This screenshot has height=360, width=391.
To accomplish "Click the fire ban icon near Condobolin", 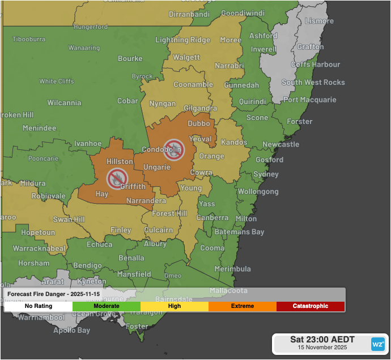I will pyautogui.click(x=173, y=149).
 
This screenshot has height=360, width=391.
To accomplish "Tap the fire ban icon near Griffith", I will pyautogui.click(x=117, y=178).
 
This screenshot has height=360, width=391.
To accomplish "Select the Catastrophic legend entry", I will pyautogui.click(x=310, y=306).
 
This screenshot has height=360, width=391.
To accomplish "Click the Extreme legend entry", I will pyautogui.click(x=242, y=306).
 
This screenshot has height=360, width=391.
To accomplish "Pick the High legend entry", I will pyautogui.click(x=175, y=306).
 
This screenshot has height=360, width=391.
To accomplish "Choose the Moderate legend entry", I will pyautogui.click(x=106, y=306).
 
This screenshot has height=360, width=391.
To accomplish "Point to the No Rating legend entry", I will pyautogui.click(x=39, y=306).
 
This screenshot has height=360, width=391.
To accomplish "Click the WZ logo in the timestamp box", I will pyautogui.click(x=377, y=344).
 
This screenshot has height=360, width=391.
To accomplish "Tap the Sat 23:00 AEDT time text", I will pyautogui.click(x=322, y=340).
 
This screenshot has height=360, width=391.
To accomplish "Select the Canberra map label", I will pyautogui.click(x=212, y=218).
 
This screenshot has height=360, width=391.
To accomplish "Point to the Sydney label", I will pyautogui.click(x=266, y=174).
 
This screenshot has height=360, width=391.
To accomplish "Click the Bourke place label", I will pyautogui.click(x=130, y=58).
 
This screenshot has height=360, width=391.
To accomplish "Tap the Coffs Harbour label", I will pyautogui.click(x=315, y=65).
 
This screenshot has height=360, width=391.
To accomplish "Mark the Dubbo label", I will pyautogui.click(x=198, y=123).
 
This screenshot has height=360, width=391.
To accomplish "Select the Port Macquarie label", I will pyautogui.click(x=309, y=100).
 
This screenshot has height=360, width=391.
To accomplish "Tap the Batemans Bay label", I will pyautogui.click(x=239, y=232).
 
